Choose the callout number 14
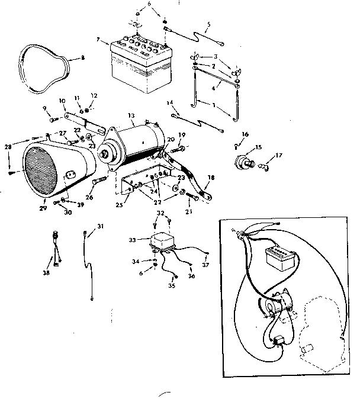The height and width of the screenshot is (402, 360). point(169,102)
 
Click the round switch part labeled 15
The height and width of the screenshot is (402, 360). point(244,162)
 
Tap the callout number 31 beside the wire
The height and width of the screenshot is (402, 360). point(101,226)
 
